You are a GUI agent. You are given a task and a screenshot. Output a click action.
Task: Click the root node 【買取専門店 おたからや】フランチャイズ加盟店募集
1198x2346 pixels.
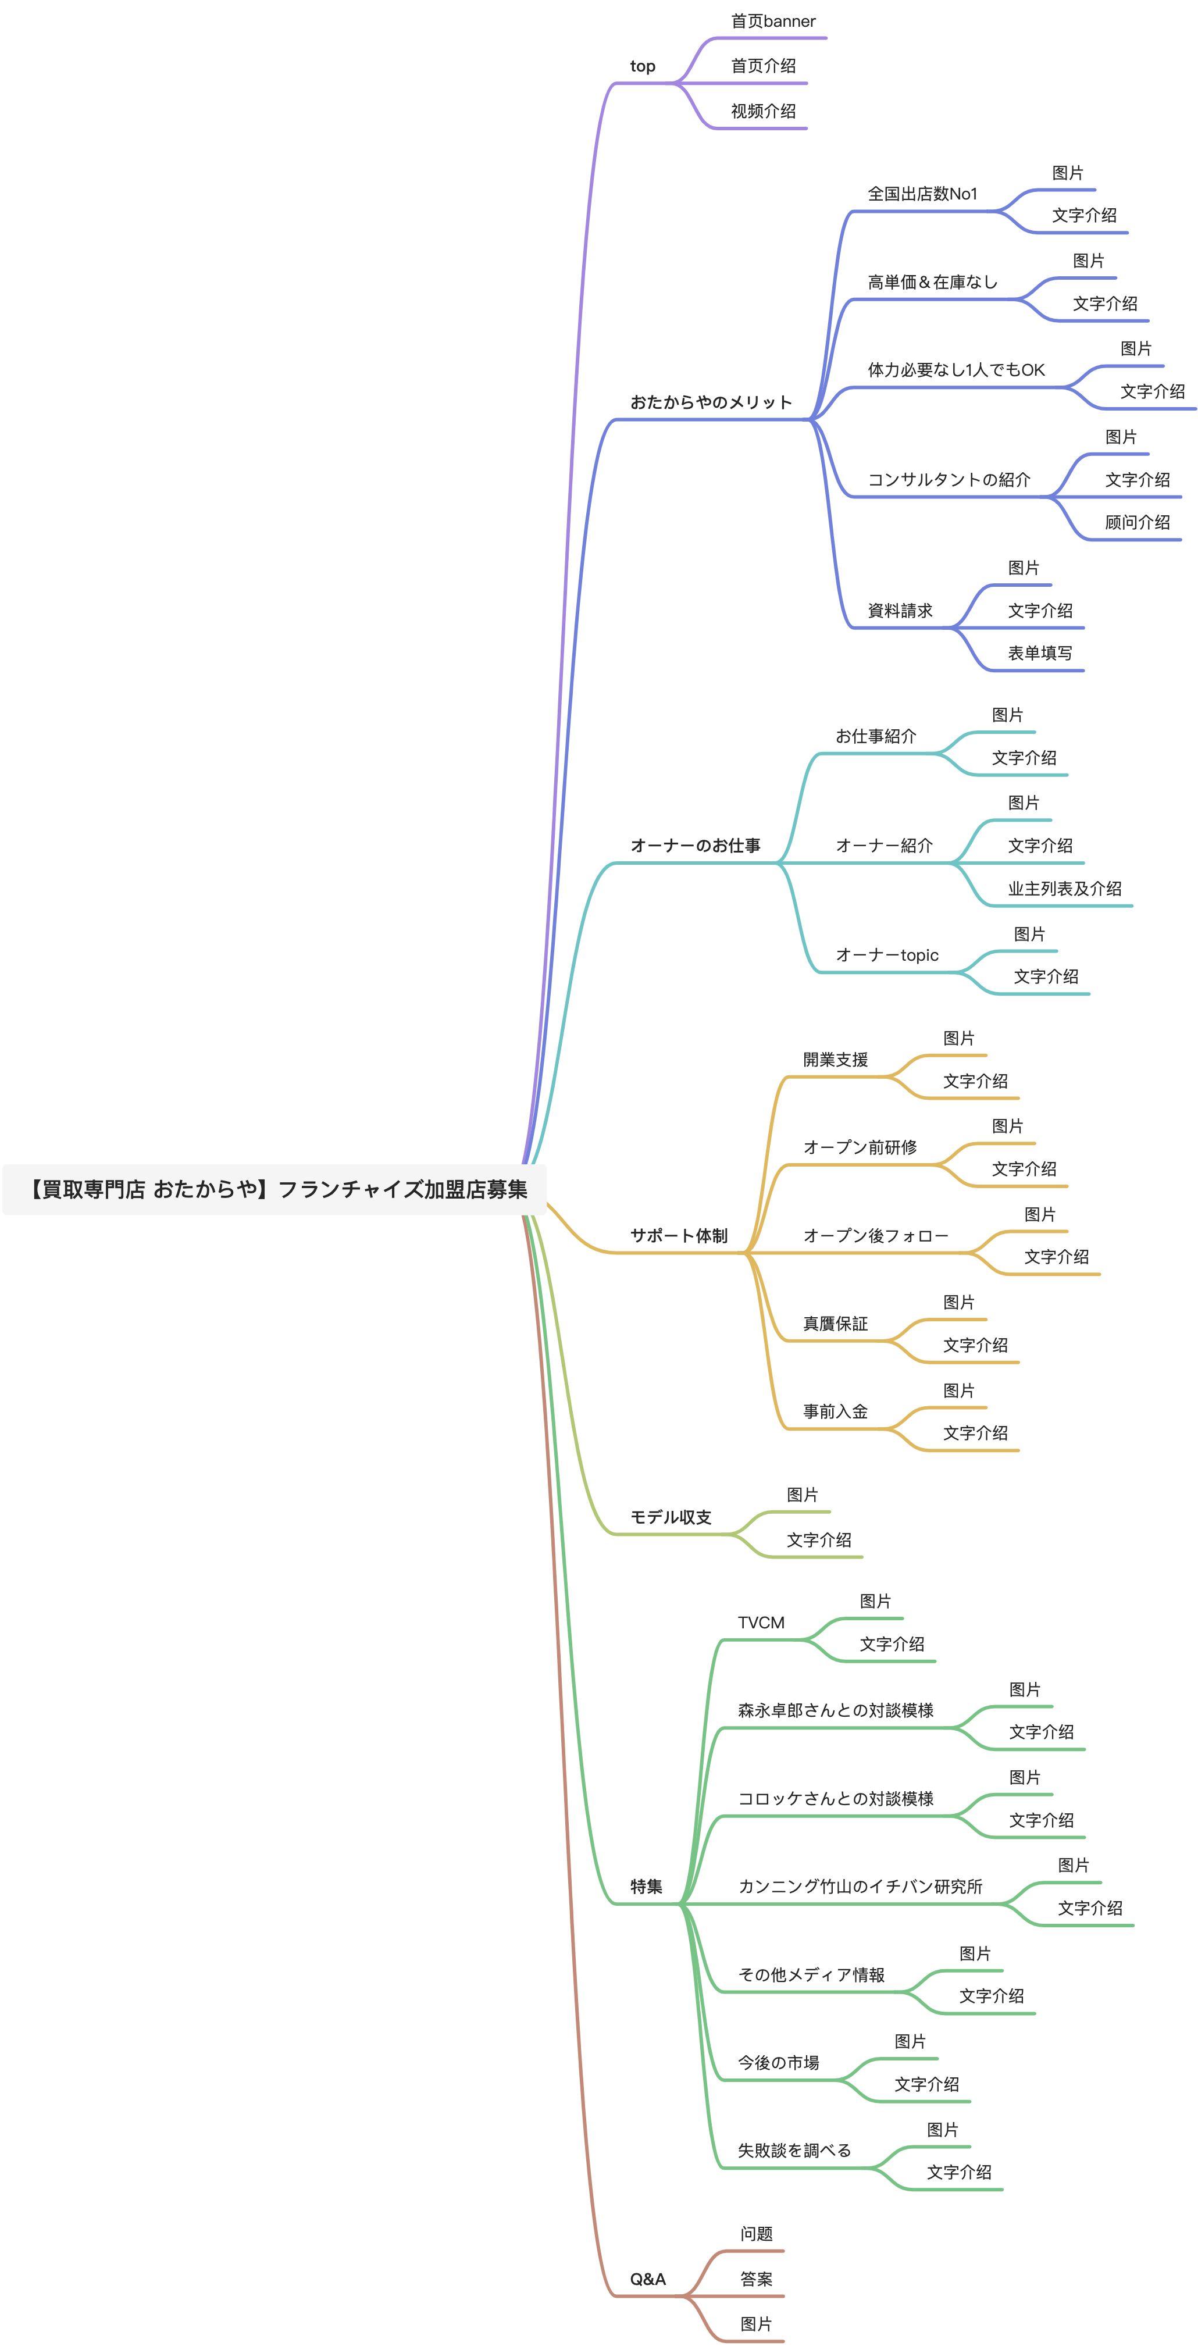(274, 1189)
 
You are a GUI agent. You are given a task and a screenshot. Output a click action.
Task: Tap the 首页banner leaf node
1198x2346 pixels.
(772, 21)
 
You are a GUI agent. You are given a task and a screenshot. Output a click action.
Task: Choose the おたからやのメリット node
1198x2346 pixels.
(711, 402)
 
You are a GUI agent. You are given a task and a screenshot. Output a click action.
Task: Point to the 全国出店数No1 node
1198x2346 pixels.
(922, 194)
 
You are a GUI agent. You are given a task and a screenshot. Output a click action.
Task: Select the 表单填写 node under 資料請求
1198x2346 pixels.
(1039, 653)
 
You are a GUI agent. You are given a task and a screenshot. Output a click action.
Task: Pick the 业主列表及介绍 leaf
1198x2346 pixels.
(1064, 889)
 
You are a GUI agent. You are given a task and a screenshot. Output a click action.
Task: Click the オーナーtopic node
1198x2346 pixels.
(886, 955)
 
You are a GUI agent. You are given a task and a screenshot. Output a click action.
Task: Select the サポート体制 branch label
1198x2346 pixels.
(679, 1236)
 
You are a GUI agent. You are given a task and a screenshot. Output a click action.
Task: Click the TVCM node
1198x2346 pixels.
(761, 1623)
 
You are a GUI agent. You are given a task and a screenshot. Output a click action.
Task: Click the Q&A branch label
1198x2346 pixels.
(648, 2279)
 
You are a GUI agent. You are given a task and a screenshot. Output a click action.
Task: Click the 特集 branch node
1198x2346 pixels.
(646, 1887)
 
